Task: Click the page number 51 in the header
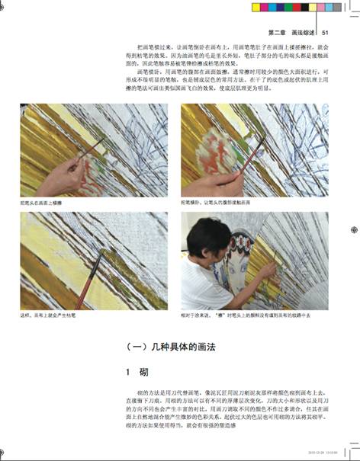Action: (326, 32)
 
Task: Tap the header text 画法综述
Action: (304, 32)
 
